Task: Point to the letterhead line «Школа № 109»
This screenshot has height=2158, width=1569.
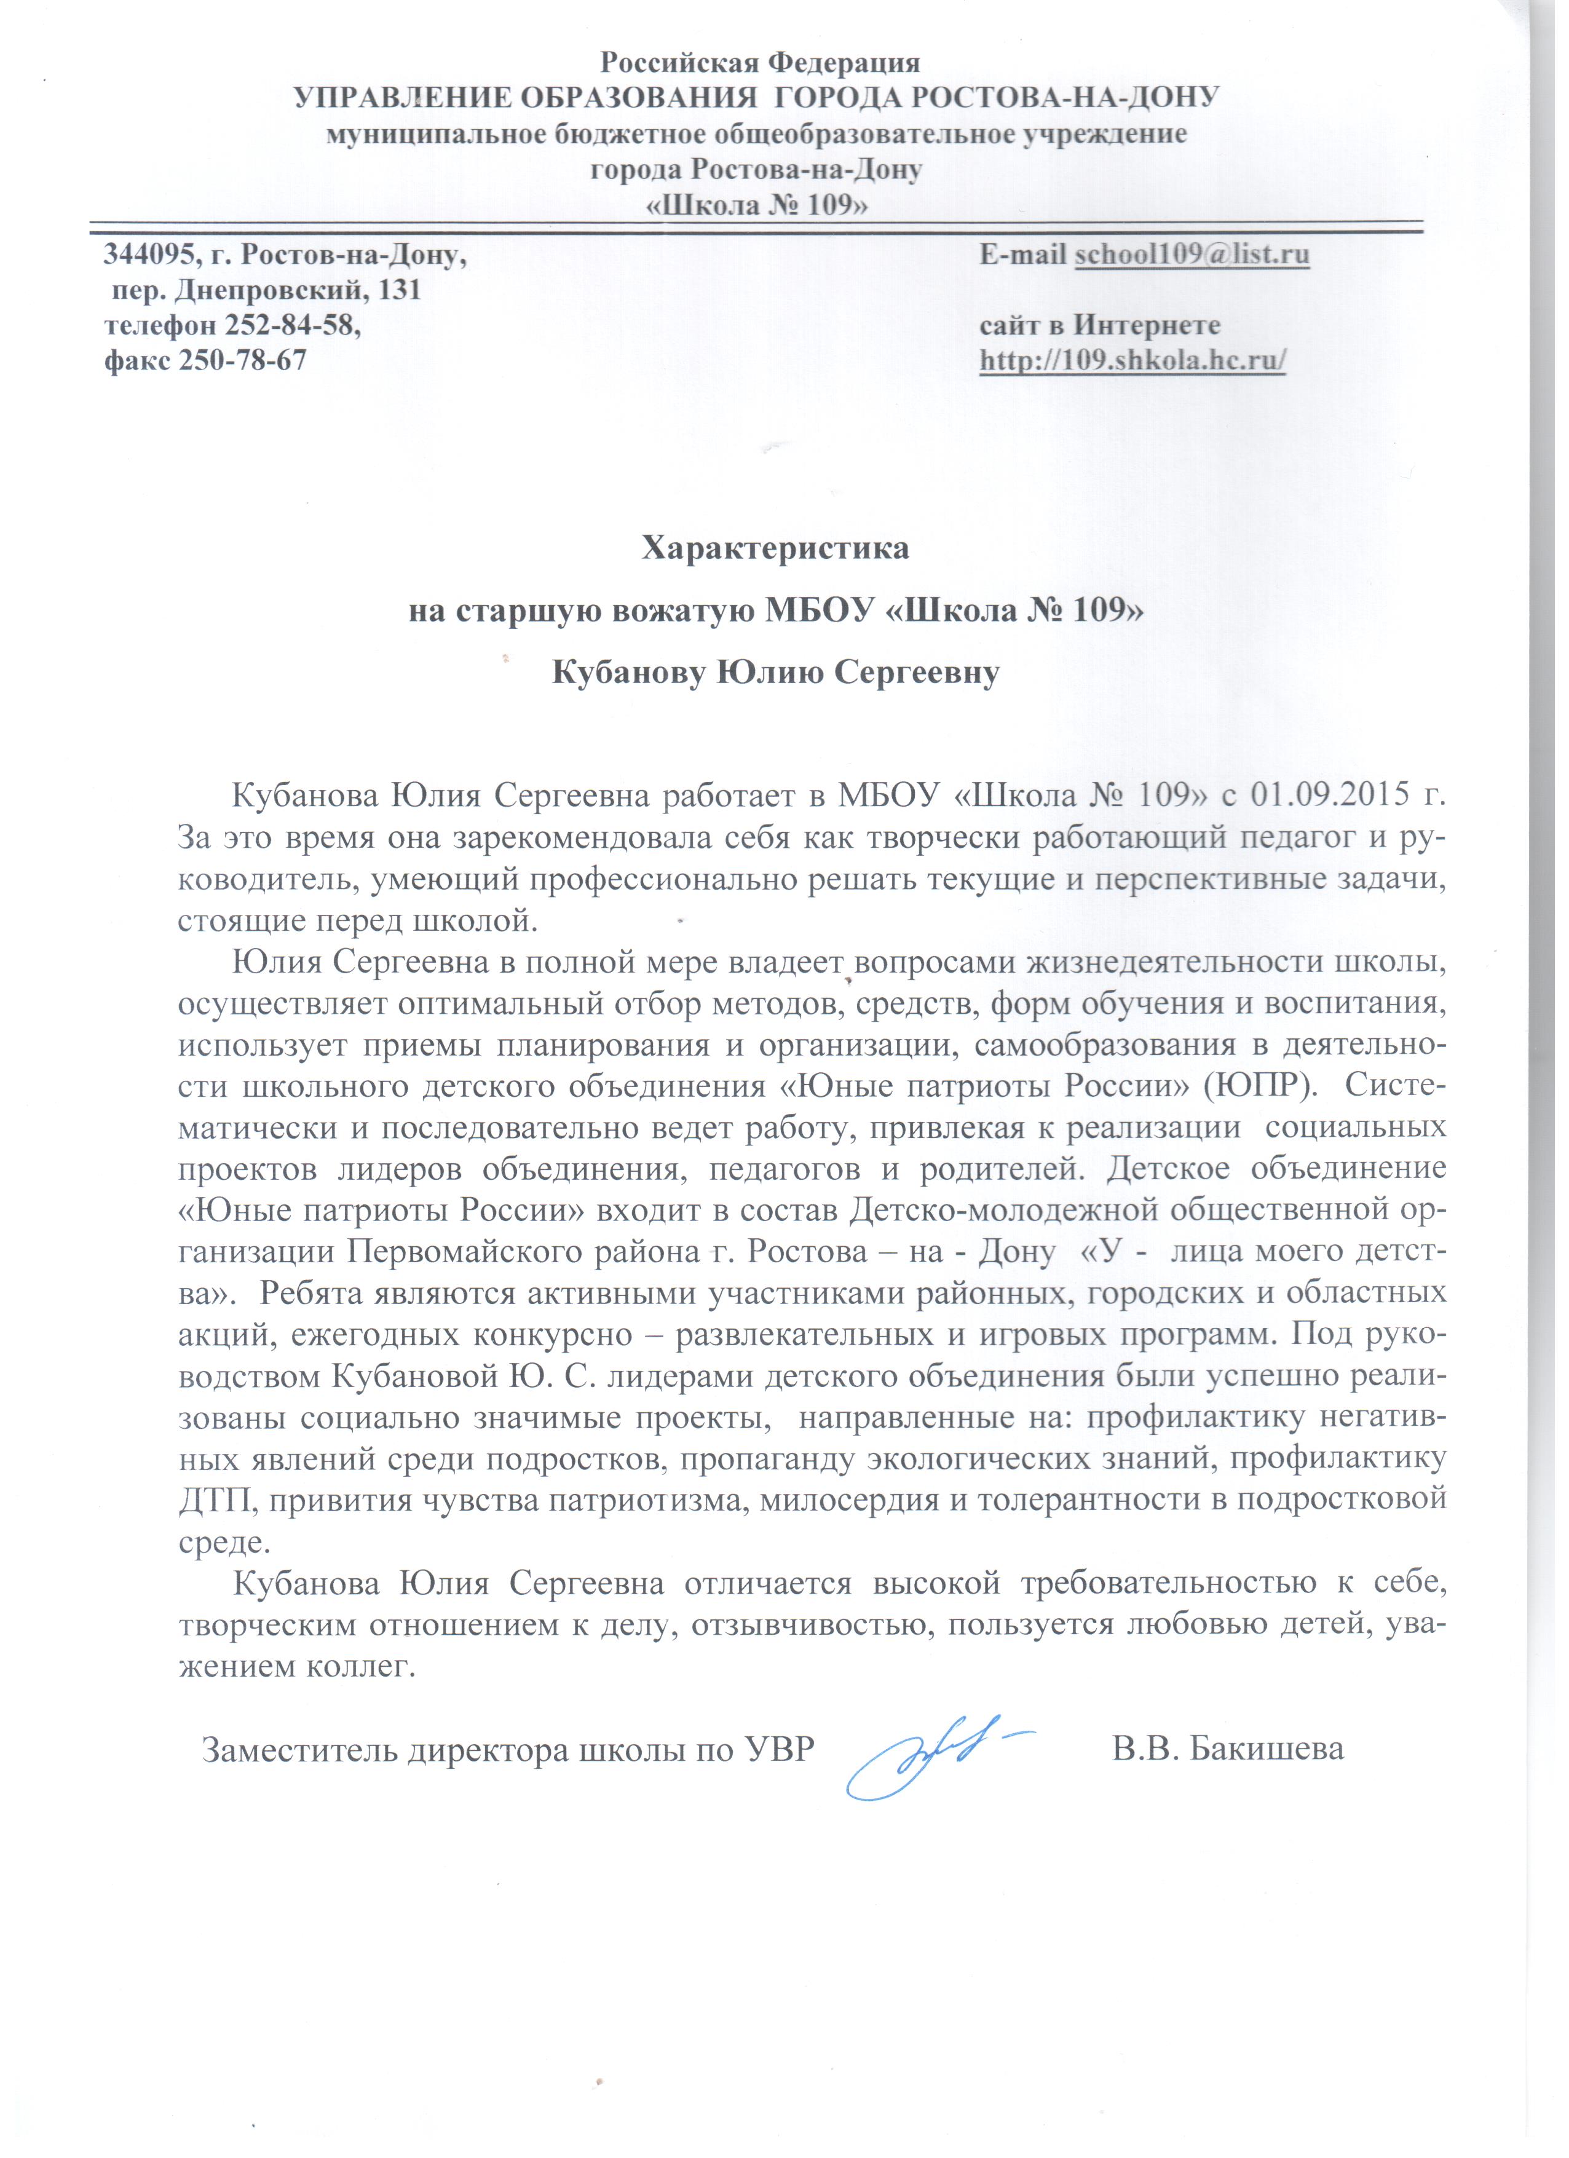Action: click(757, 205)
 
